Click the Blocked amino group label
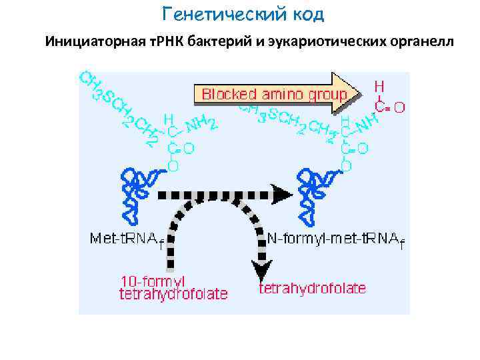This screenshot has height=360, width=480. pyautogui.click(x=274, y=94)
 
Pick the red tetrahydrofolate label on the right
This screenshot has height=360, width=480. pyautogui.click(x=312, y=288)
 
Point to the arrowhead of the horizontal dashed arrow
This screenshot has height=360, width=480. pyautogui.click(x=283, y=195)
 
